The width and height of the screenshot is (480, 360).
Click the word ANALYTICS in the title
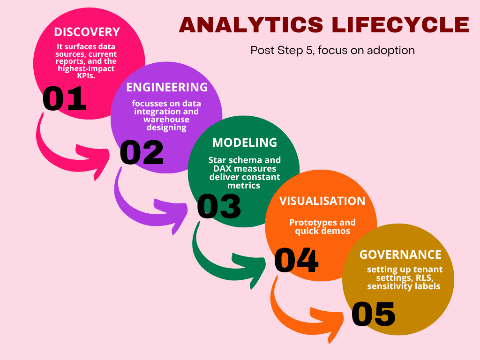click(x=251, y=25)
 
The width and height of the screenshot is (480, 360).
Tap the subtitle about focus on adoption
click(x=332, y=50)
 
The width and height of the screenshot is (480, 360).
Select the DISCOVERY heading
click(x=87, y=32)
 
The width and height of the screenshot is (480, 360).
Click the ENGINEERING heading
click(x=167, y=87)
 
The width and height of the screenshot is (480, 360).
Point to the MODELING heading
click(x=245, y=142)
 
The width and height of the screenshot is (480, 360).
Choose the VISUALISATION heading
click(x=322, y=201)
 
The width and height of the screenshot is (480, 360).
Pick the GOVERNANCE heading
click(x=400, y=255)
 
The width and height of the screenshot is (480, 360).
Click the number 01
click(x=65, y=98)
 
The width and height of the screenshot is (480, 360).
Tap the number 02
click(x=142, y=152)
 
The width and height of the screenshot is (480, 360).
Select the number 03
click(x=219, y=206)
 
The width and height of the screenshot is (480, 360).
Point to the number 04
click(x=296, y=260)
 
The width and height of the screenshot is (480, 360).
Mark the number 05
click(x=374, y=314)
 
